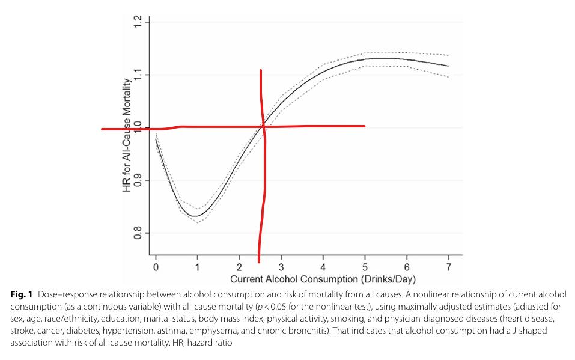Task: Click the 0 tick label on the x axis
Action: pyautogui.click(x=156, y=266)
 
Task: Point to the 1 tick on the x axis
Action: pyautogui.click(x=197, y=266)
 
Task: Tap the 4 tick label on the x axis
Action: pyautogui.click(x=323, y=266)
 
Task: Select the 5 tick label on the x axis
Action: pyautogui.click(x=365, y=266)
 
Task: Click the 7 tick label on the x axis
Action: pyautogui.click(x=448, y=266)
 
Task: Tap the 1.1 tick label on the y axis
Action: pyautogui.click(x=139, y=75)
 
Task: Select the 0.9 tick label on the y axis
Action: pyautogui.click(x=139, y=180)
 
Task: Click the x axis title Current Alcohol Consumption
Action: pyautogui.click(x=323, y=279)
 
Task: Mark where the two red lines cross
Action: pyautogui.click(x=263, y=127)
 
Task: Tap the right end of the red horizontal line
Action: pyautogui.click(x=364, y=126)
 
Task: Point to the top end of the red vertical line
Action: pyautogui.click(x=260, y=71)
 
